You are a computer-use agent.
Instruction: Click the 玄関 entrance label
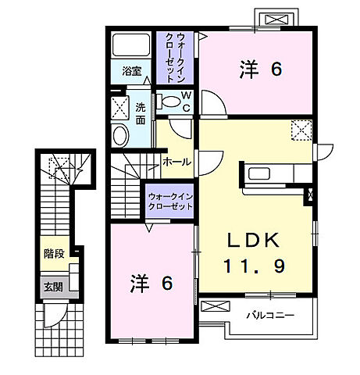[x=53, y=287]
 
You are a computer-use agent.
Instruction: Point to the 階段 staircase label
[x=53, y=253]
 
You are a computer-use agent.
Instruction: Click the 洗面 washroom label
[x=141, y=113]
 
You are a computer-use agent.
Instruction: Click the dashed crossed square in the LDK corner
[x=301, y=130]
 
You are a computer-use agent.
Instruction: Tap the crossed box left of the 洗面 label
[x=119, y=107]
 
